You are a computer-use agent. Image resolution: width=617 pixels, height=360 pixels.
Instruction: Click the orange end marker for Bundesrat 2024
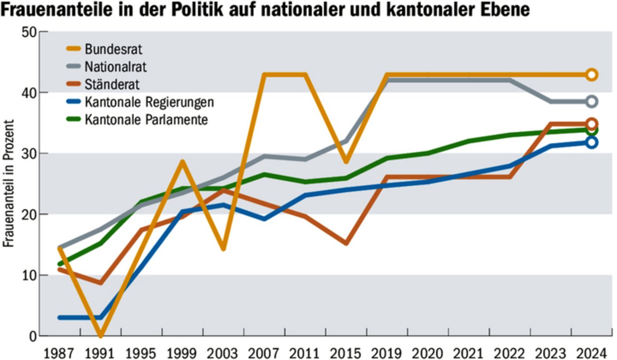[592, 74]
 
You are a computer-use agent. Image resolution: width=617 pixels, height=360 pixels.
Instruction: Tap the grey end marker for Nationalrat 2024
[592, 102]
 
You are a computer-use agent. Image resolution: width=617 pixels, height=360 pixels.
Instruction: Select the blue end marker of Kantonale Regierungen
[592, 142]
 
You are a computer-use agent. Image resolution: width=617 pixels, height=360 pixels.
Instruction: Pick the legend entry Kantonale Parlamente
[145, 119]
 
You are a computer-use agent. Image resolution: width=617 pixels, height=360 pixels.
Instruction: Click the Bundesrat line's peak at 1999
[182, 162]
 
